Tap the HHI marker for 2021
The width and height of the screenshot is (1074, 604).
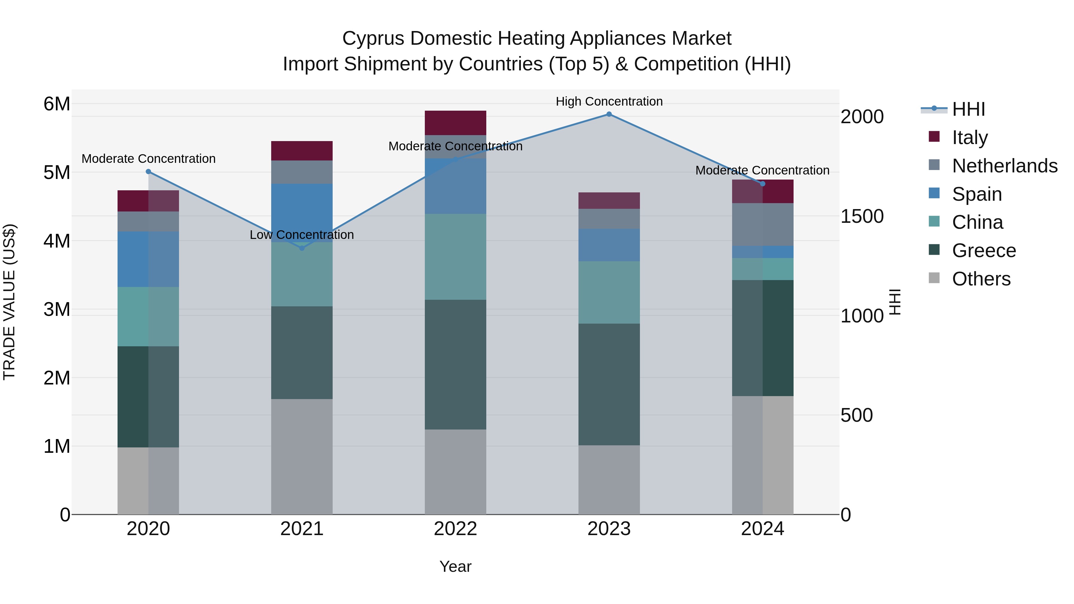(x=302, y=248)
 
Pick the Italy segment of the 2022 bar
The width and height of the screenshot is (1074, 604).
(x=455, y=123)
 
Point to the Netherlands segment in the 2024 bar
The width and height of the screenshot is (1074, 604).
(x=763, y=224)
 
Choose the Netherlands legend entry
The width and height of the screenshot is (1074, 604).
(x=1004, y=166)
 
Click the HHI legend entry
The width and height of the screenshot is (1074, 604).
(x=968, y=109)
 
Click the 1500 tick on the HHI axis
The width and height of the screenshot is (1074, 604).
(x=862, y=216)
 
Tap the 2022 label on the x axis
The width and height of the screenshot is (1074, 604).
(x=455, y=529)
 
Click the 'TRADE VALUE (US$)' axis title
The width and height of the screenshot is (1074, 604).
(x=9, y=302)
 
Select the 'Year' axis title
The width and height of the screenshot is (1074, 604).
(x=455, y=566)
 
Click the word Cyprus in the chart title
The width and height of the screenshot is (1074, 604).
(x=373, y=38)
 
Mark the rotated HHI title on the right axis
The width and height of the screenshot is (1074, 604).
(x=895, y=302)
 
